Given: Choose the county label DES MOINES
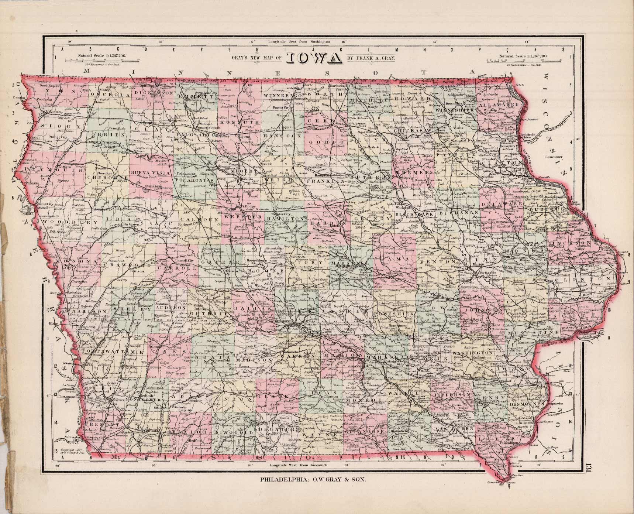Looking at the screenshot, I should (x=527, y=405).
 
